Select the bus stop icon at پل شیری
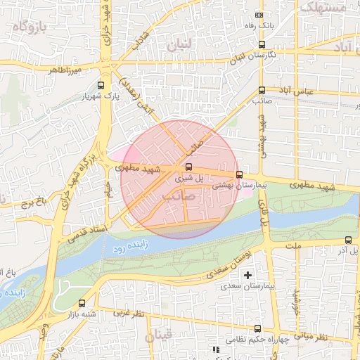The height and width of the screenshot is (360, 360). point(188,167)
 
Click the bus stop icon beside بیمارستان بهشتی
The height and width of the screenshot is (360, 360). point(240,174)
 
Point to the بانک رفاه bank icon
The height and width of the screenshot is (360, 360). point(259,15)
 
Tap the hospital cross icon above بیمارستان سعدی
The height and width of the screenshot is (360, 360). point(247,275)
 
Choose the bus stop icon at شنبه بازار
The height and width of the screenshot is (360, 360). point(83,304)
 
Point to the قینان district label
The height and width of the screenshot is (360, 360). point(158,337)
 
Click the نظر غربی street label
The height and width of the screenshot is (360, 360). point(129,313)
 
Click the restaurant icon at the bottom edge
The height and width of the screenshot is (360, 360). point(215,349)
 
